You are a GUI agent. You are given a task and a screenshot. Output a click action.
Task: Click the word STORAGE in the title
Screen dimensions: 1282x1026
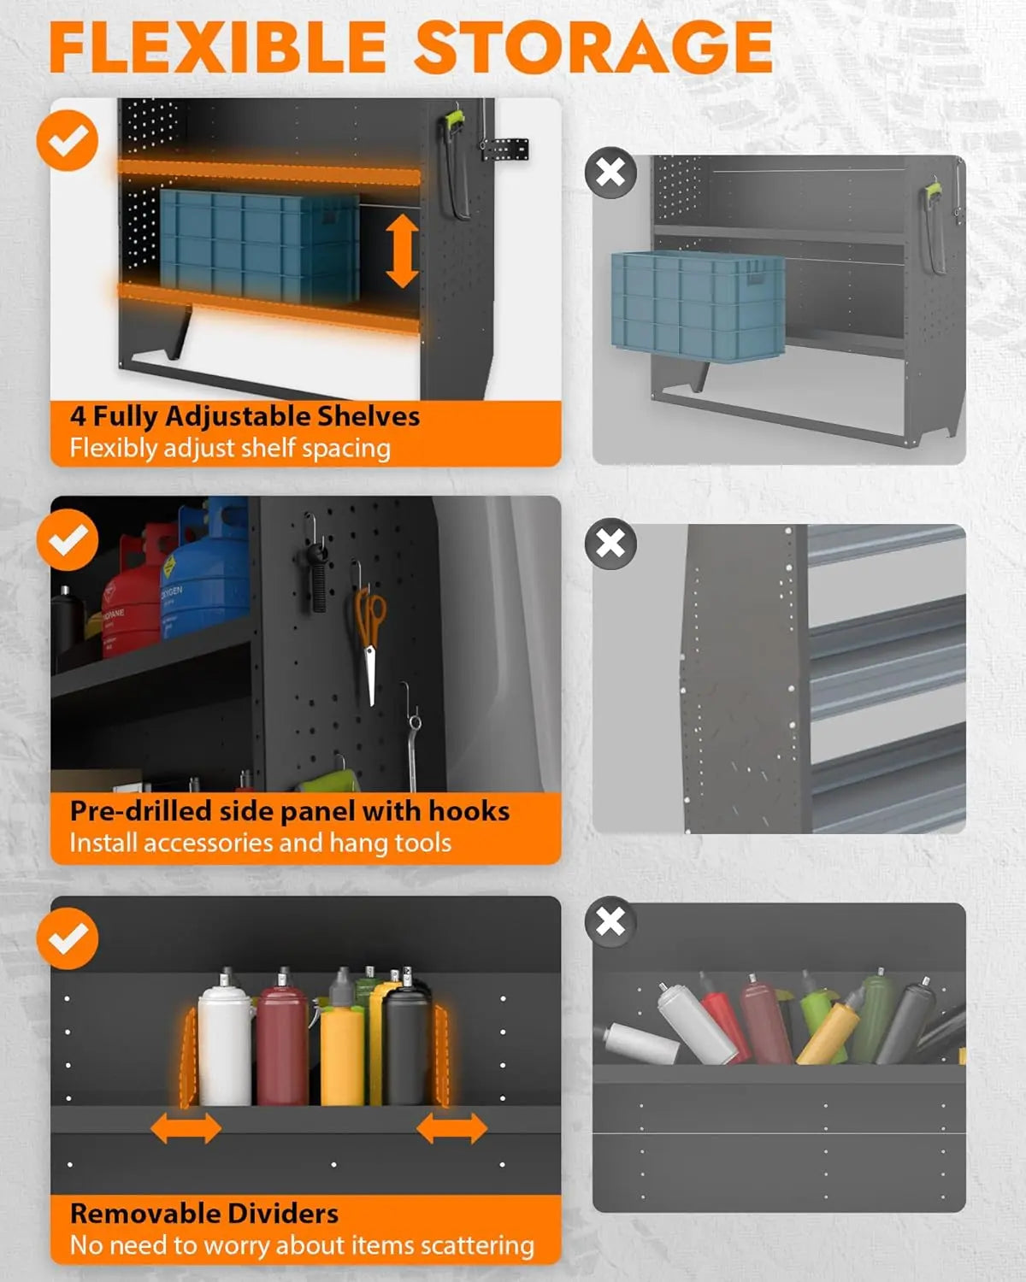(x=593, y=47)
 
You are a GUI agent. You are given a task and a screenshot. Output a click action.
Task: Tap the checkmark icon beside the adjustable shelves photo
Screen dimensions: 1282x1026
(x=68, y=140)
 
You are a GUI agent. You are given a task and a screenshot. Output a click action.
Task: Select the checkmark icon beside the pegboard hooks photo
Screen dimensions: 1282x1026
(x=68, y=539)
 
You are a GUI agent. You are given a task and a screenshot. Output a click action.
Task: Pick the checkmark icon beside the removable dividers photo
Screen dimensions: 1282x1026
(x=68, y=938)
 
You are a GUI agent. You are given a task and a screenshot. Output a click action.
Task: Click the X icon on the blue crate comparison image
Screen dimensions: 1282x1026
(x=610, y=173)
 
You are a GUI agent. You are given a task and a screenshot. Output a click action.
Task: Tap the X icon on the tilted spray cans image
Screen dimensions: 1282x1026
(x=610, y=921)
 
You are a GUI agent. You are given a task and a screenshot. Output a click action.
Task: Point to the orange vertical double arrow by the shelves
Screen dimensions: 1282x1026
(x=402, y=250)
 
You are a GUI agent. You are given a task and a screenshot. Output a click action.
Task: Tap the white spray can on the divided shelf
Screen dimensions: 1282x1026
(x=225, y=1043)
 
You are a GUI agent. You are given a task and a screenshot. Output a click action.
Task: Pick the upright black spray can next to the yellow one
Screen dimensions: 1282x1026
(x=406, y=1047)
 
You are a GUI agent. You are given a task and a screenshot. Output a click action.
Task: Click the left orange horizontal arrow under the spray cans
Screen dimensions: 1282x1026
(x=186, y=1129)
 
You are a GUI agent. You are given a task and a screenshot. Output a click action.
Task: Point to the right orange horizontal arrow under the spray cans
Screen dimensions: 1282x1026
(x=451, y=1129)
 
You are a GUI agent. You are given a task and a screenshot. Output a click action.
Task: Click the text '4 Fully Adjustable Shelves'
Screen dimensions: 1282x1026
(x=245, y=416)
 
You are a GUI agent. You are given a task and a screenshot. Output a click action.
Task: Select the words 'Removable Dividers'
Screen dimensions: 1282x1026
(x=204, y=1213)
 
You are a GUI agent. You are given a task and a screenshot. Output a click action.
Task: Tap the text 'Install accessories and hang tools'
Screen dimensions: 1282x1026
(x=260, y=843)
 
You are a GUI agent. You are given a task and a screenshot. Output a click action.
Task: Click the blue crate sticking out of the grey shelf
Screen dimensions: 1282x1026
(x=698, y=303)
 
